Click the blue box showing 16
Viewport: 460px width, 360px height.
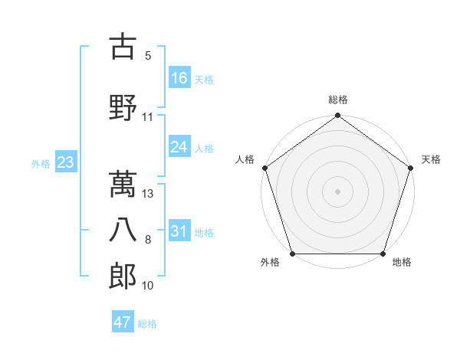point(179,77)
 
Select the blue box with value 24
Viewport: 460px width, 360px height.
point(179,147)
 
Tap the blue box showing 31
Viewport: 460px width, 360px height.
point(179,231)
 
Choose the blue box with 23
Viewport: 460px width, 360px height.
point(66,162)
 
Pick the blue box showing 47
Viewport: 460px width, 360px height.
point(123,322)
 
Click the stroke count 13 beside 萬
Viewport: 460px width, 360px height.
point(149,194)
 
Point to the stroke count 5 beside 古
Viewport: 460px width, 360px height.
point(147,55)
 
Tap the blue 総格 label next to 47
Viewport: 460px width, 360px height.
point(147,323)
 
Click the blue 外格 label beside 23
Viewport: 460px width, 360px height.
point(41,163)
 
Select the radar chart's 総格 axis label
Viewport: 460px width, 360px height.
point(337,100)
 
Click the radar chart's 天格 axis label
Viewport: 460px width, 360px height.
point(431,159)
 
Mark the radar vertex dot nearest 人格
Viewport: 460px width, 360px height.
point(265,168)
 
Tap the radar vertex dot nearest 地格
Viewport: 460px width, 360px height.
point(383,254)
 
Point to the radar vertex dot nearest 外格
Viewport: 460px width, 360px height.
point(292,254)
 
